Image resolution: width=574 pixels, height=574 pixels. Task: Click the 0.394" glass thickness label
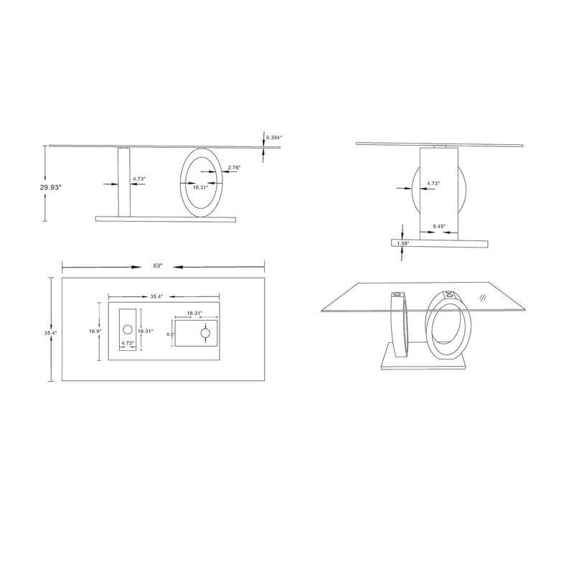274,137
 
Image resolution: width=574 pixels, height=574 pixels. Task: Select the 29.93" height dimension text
51,187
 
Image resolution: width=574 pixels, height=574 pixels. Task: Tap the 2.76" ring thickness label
233,167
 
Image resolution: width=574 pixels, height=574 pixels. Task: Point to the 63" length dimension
158,266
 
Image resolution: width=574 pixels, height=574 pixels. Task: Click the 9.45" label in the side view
439,227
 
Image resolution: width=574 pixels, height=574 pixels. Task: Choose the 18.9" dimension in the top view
95,331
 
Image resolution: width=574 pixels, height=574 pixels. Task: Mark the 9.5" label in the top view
170,334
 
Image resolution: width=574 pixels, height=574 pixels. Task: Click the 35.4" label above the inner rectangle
157,296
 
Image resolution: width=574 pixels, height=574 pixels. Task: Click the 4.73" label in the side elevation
433,184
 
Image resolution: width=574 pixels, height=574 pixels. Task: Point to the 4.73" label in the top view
128,344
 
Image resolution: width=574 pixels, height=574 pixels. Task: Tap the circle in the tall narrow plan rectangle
128,330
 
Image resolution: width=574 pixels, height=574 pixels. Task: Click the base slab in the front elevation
165,218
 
